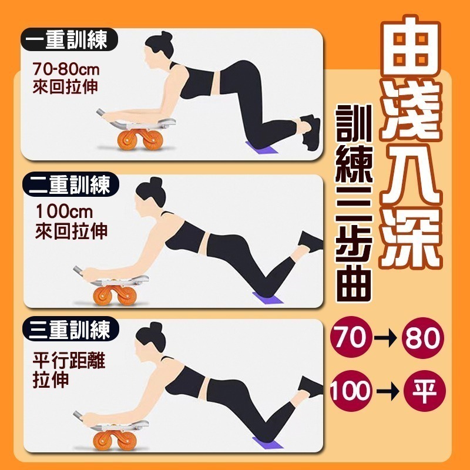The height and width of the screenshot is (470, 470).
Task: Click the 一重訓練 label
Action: [69, 39]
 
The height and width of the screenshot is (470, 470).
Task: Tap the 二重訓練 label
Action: [70, 184]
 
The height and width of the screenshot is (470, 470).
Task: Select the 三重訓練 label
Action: [70, 329]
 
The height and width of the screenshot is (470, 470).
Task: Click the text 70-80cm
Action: [66, 69]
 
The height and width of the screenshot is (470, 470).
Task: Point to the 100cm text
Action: [64, 211]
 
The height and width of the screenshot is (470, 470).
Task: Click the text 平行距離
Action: [69, 360]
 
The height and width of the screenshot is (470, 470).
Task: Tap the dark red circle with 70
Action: [351, 337]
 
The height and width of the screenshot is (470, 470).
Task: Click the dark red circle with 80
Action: [423, 337]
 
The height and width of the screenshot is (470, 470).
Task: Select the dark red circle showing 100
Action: [351, 391]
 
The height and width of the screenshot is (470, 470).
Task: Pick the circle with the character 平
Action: [424, 391]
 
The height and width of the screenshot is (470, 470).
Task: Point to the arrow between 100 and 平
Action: [388, 391]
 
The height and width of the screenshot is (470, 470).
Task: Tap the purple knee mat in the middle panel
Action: [267, 298]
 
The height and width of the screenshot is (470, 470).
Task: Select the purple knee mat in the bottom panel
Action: [267, 443]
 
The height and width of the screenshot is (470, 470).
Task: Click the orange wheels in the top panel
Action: [140, 139]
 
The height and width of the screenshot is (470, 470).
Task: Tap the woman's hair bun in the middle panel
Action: [156, 183]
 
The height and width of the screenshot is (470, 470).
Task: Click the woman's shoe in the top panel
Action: [311, 132]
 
